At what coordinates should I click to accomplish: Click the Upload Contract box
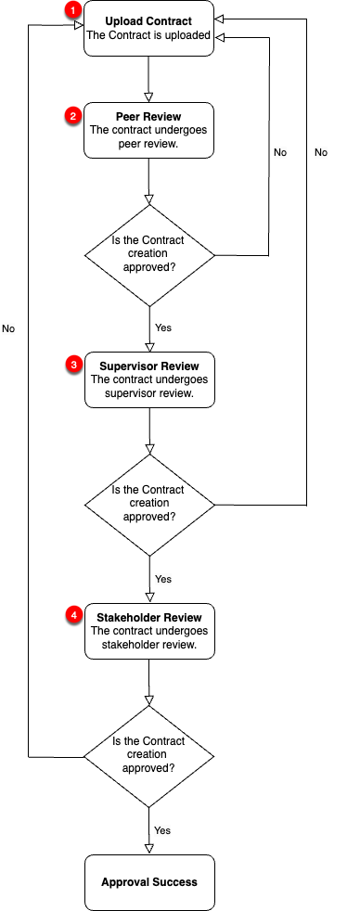[148, 29]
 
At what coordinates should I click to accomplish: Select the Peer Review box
[148, 129]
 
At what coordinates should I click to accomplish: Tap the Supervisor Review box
[148, 379]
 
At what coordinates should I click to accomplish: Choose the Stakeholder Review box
[148, 631]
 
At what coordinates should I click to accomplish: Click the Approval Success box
[148, 882]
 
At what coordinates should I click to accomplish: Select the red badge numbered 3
[73, 366]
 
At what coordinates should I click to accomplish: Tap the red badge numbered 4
[73, 616]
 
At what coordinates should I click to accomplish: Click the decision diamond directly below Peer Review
[148, 254]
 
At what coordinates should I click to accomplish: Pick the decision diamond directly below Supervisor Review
[148, 505]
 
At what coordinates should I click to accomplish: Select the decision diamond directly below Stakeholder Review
[148, 756]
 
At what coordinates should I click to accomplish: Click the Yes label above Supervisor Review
[163, 327]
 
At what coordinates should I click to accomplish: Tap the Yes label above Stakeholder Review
[163, 579]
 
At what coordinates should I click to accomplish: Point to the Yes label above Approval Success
[163, 830]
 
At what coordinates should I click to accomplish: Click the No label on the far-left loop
[8, 328]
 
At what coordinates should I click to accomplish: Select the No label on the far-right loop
[321, 152]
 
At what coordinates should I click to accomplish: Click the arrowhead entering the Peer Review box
[148, 96]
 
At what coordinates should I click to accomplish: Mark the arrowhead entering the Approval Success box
[148, 848]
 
